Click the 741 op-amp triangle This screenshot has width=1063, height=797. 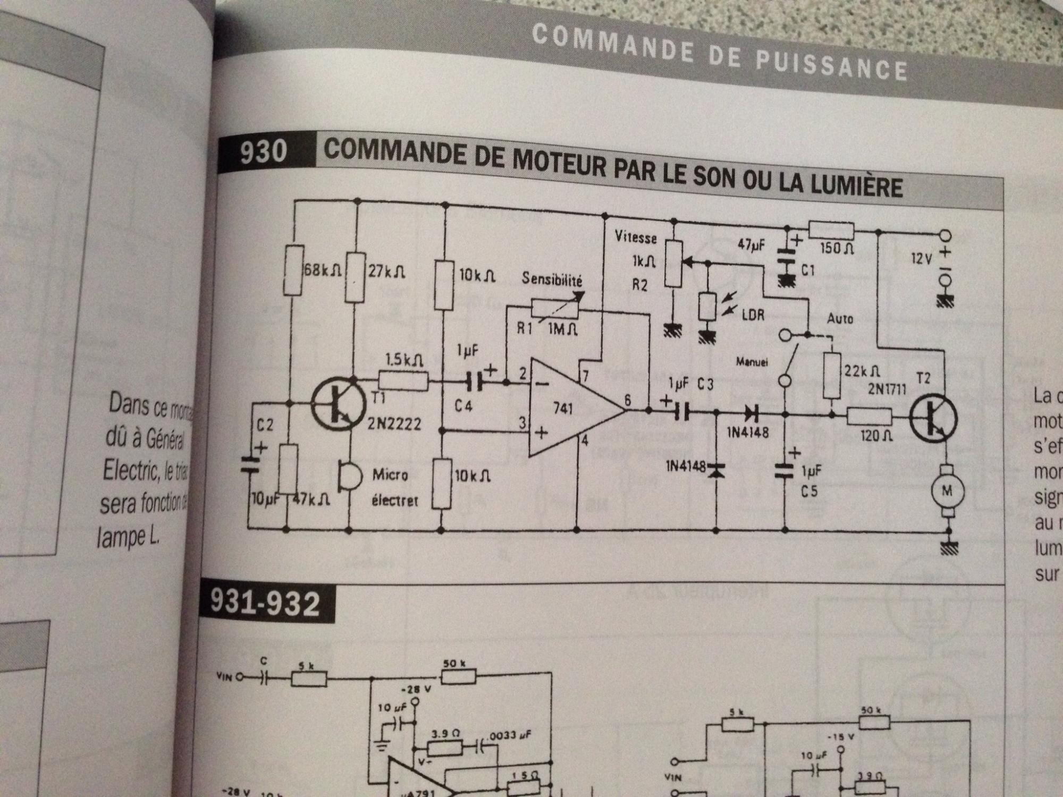click(x=571, y=409)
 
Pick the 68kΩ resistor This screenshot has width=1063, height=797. click(x=294, y=270)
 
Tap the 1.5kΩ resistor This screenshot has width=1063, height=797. click(x=403, y=380)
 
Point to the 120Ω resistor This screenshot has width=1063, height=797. click(x=870, y=416)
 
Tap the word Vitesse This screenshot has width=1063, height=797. click(x=635, y=237)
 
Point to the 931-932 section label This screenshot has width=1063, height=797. click(x=266, y=603)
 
